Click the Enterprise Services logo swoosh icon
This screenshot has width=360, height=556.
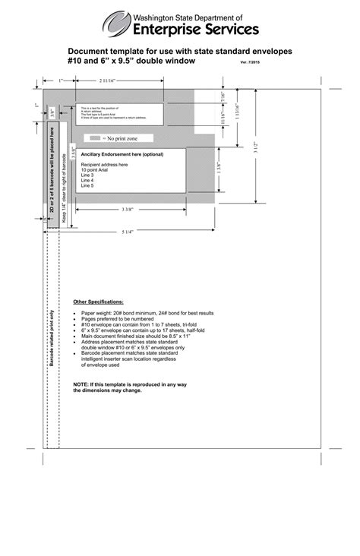point(116,24)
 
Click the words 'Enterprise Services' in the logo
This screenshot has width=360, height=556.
point(196,29)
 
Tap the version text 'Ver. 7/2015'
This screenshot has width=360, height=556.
point(253,62)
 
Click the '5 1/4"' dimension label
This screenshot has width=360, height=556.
point(128,232)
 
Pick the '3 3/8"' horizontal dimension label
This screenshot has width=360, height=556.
point(128,209)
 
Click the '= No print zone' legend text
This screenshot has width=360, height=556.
point(124,139)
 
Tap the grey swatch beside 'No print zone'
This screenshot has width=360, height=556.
point(95,139)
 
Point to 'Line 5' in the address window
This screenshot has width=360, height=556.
point(88,185)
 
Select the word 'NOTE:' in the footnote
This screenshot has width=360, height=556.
point(81,385)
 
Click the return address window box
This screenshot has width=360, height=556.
point(120,114)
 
